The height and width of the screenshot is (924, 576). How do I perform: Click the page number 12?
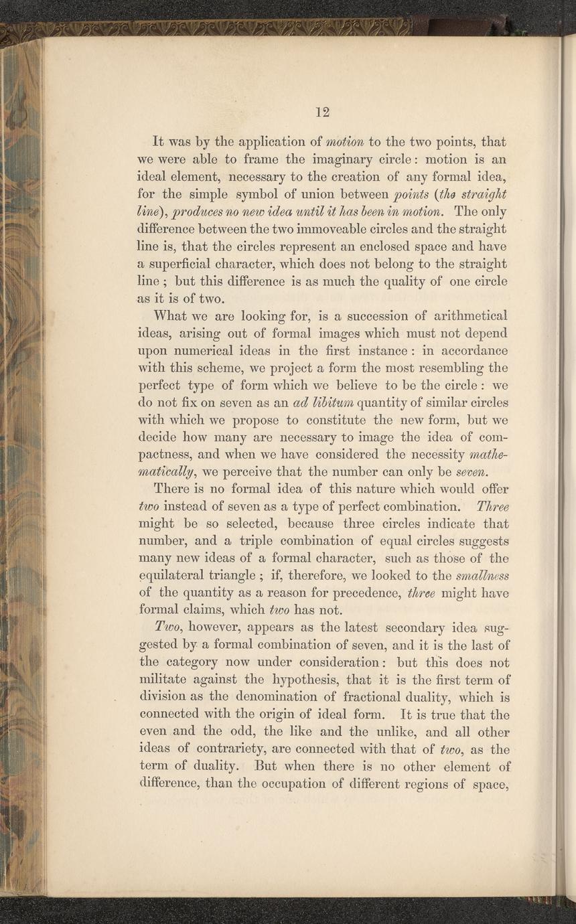(323, 111)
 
